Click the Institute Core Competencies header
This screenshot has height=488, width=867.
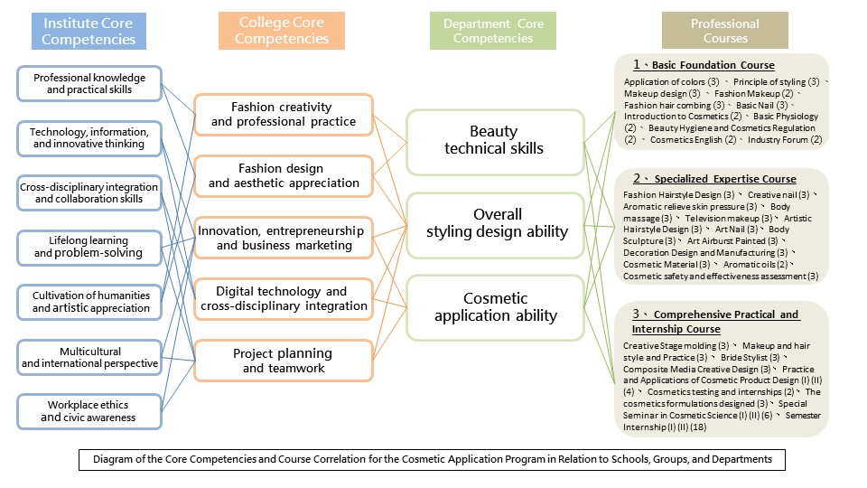89,30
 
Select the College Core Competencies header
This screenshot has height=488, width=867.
281,30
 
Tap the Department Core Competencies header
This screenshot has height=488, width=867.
493,31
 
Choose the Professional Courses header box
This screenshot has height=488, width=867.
725,31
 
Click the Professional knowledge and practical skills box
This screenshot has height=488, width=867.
89,83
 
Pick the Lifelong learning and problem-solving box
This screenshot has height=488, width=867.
89,247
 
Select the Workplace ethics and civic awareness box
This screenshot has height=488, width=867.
89,411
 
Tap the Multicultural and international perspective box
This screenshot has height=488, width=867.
89,357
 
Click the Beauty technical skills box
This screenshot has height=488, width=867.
494,140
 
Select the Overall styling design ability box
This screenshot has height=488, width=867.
497,222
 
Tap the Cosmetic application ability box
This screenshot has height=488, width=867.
495,307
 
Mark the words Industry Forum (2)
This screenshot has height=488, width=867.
784,139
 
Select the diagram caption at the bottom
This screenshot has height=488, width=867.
433,459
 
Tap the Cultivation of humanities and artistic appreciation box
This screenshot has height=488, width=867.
89,302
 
